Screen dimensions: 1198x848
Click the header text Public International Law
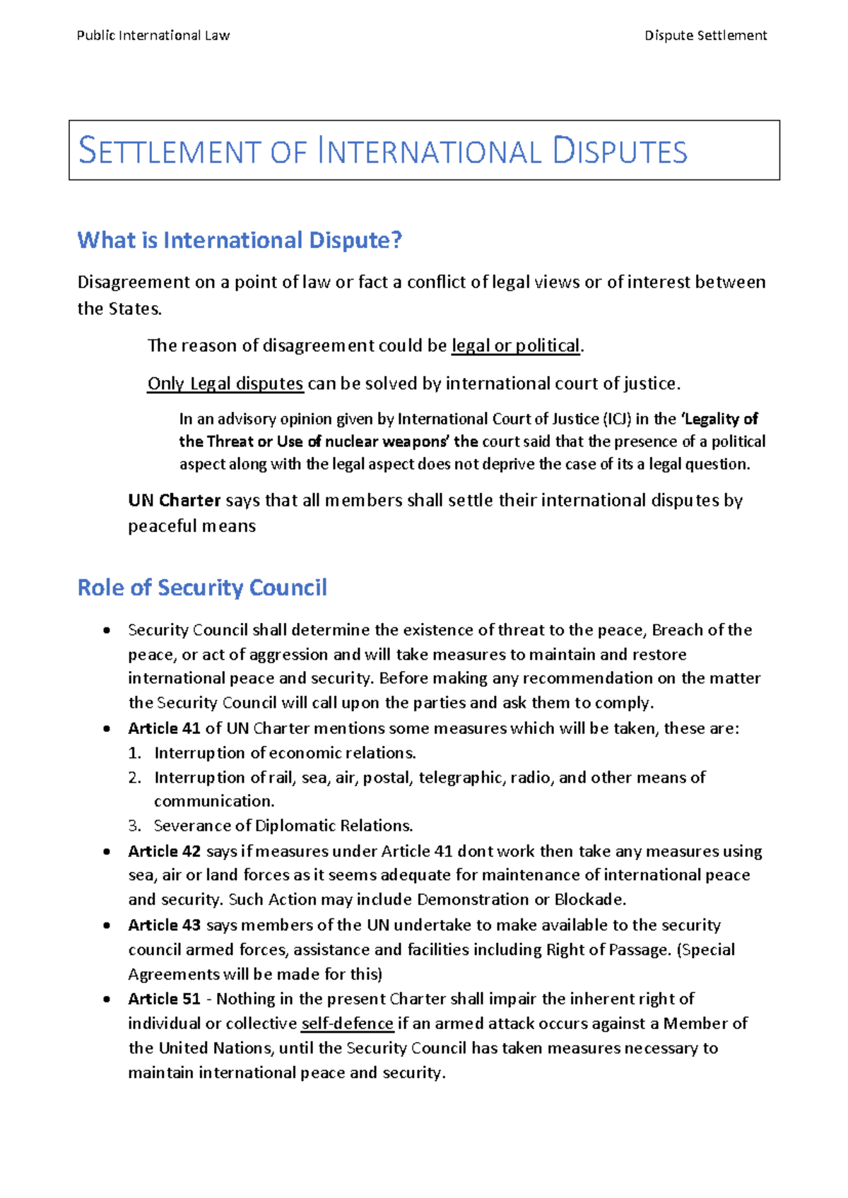[x=153, y=35]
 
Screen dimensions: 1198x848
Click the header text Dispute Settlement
[x=705, y=35]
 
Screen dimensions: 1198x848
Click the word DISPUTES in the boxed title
[x=620, y=152]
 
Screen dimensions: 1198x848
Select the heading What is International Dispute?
[x=240, y=240]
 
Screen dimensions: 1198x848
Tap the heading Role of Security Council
[x=202, y=588]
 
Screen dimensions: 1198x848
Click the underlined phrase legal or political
[x=515, y=345]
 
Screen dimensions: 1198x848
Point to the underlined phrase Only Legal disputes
[x=225, y=384]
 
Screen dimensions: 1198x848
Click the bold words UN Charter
[x=175, y=501]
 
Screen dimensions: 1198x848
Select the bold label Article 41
[x=164, y=728]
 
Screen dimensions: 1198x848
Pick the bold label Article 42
[x=164, y=851]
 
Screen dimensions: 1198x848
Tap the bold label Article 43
[x=164, y=925]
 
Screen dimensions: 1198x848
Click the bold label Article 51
[x=164, y=999]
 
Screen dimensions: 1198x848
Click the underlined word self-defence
[x=347, y=1024]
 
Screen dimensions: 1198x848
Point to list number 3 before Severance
[x=134, y=826]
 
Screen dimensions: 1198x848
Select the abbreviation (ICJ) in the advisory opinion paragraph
[x=617, y=419]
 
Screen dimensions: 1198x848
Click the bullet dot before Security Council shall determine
[x=106, y=630]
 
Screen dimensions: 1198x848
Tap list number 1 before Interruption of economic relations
[x=134, y=753]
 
